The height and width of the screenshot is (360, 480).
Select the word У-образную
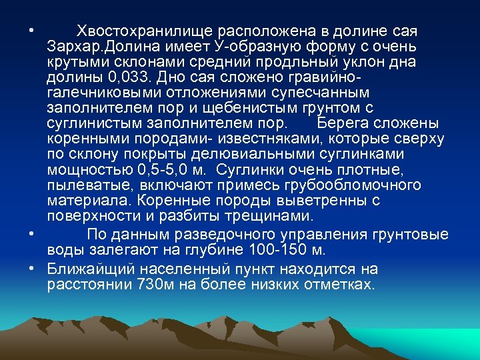pos(254,47)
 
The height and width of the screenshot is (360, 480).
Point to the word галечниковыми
pos(101,93)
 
